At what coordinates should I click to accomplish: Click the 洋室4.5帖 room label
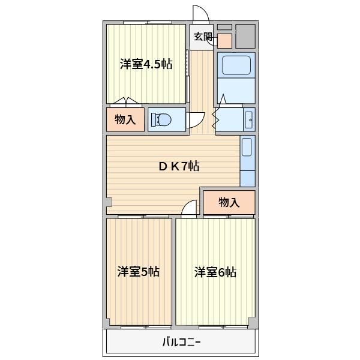pyautogui.click(x=146, y=64)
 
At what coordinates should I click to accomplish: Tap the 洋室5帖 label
pyautogui.click(x=138, y=272)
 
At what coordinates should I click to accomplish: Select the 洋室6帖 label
pyautogui.click(x=215, y=272)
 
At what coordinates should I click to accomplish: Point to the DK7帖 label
pyautogui.click(x=179, y=166)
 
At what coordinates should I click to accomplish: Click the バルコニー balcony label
pyautogui.click(x=181, y=343)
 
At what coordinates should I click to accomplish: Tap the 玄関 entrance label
pyautogui.click(x=203, y=37)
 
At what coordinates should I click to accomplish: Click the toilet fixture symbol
pyautogui.click(x=161, y=119)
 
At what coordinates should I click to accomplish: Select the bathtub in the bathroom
pyautogui.click(x=236, y=65)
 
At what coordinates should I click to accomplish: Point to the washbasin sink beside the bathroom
pyautogui.click(x=249, y=120)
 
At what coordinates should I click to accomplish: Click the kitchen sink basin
pyautogui.click(x=247, y=147)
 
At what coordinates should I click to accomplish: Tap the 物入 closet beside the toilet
pyautogui.click(x=125, y=119)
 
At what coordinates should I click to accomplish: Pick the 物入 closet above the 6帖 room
pyautogui.click(x=229, y=203)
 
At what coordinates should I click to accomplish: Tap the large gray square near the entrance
pyautogui.click(x=245, y=36)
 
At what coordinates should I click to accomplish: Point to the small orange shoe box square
pyautogui.click(x=224, y=41)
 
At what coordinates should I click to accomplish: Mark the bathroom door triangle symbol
pyautogui.click(x=223, y=99)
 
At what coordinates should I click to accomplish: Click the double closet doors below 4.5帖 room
pyautogui.click(x=126, y=101)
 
